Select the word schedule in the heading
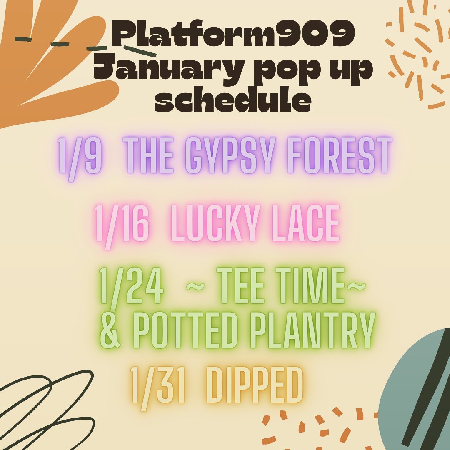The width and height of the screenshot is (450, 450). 233,99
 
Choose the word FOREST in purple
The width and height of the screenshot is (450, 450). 340,155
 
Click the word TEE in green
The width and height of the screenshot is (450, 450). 241,286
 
